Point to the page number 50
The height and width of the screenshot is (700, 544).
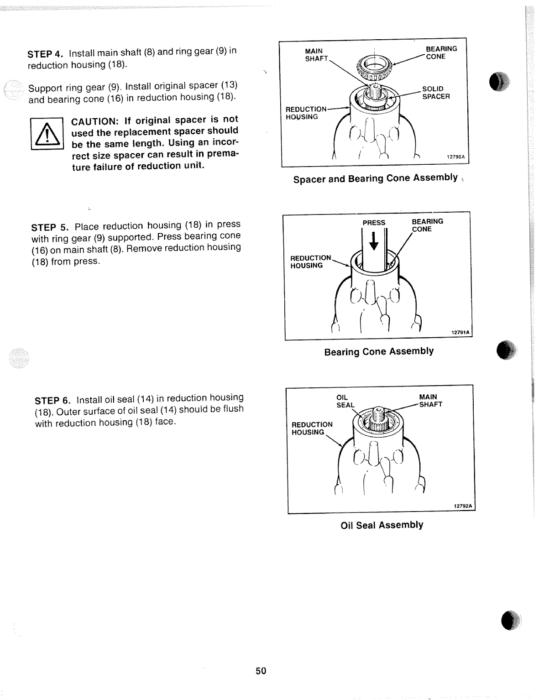[x=261, y=670]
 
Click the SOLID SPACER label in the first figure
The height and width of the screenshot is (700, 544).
[x=435, y=93]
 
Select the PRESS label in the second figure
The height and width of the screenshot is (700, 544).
[x=374, y=223]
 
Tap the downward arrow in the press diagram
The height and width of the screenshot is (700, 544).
[x=374, y=241]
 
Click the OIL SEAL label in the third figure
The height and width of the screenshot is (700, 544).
[x=345, y=401]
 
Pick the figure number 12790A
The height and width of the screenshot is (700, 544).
[x=455, y=157]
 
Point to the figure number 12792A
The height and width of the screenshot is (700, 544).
[x=463, y=506]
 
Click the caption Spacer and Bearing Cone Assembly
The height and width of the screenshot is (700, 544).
[x=375, y=178]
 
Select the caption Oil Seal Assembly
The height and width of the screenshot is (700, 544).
[x=382, y=525]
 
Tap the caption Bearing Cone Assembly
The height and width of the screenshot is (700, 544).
[x=379, y=351]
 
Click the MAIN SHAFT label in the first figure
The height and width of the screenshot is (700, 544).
[x=316, y=55]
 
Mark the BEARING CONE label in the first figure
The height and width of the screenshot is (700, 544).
[x=441, y=52]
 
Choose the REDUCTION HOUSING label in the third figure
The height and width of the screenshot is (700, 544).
[x=312, y=428]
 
